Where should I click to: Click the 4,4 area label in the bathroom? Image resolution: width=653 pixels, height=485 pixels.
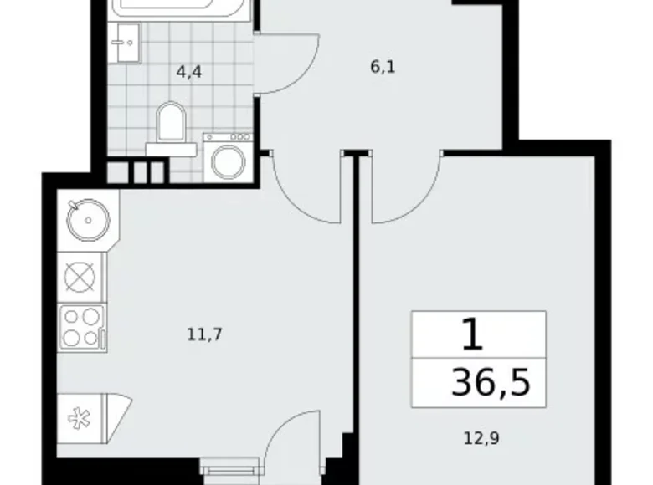tap(189, 73)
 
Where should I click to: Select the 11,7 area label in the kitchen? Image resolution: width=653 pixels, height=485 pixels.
tap(205, 335)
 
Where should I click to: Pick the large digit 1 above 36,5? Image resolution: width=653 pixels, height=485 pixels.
tap(473, 336)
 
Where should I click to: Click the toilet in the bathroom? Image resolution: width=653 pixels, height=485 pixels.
tap(172, 125)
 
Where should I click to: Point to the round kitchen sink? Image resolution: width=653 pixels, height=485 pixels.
tap(86, 218)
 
